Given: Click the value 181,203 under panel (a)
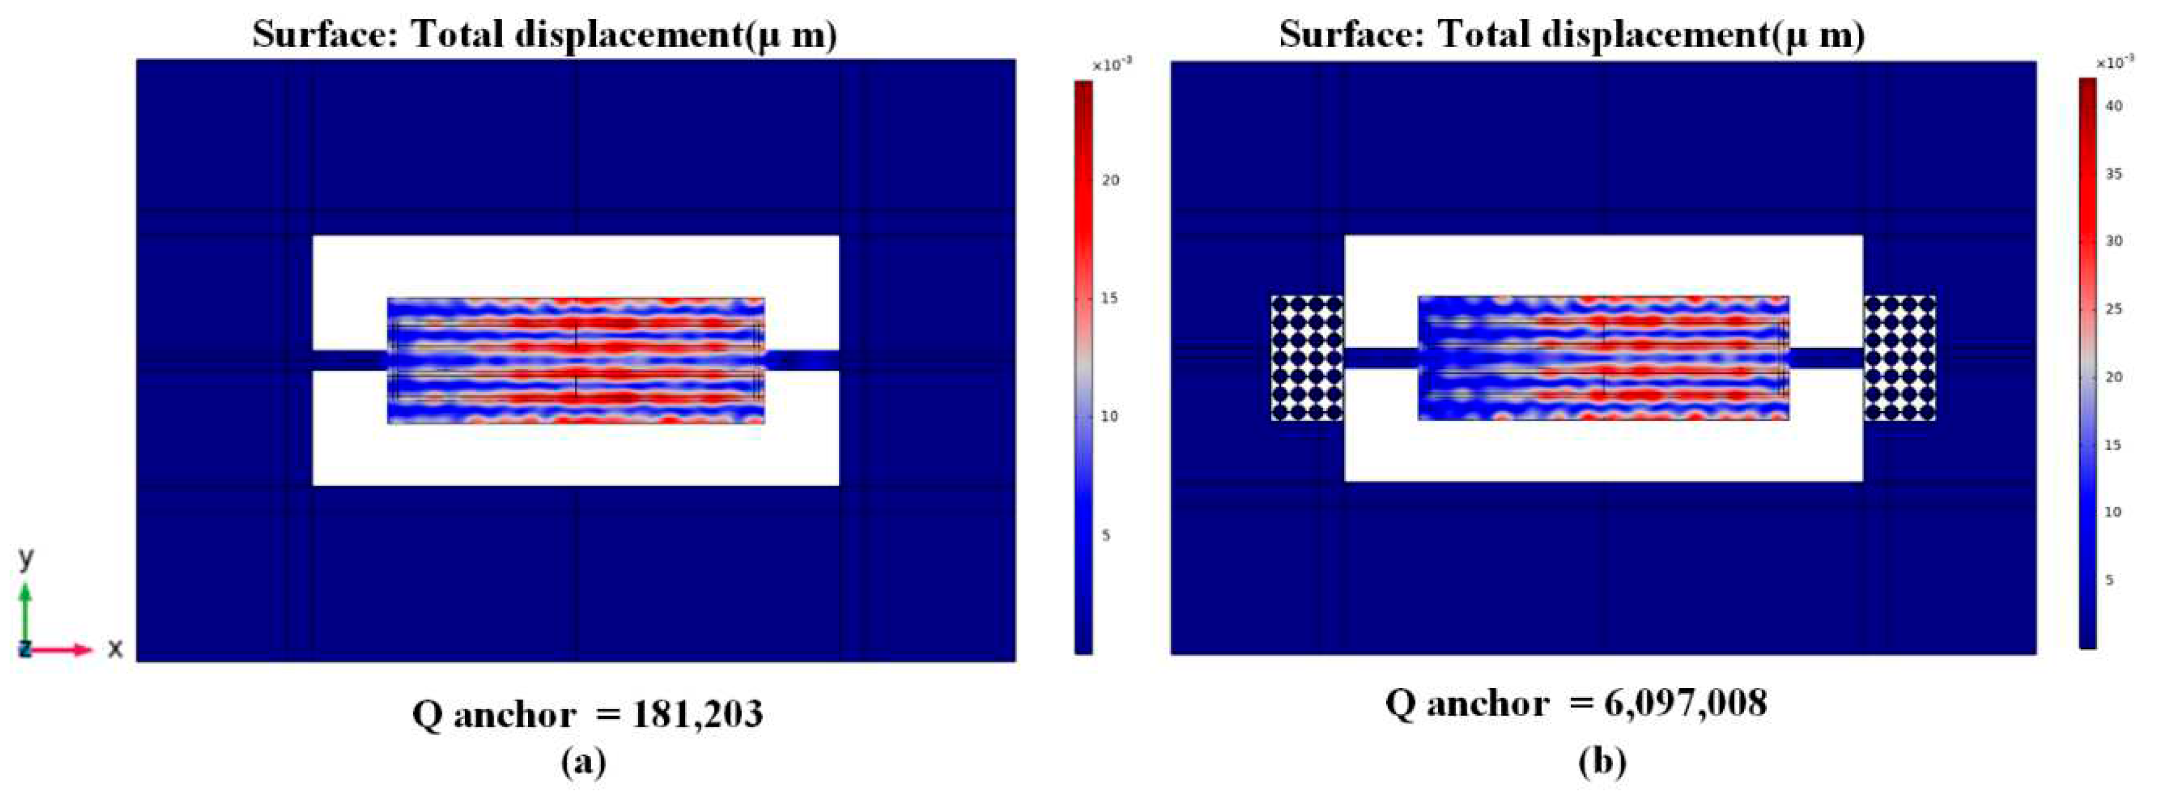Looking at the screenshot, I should click(698, 715).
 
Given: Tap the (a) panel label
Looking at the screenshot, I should click(583, 762).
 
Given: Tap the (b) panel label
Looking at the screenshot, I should click(1602, 762).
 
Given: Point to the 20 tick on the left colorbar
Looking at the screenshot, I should click(1110, 180).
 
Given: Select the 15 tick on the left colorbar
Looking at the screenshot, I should click(1109, 298).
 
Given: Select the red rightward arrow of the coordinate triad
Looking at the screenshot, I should click(67, 649).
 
